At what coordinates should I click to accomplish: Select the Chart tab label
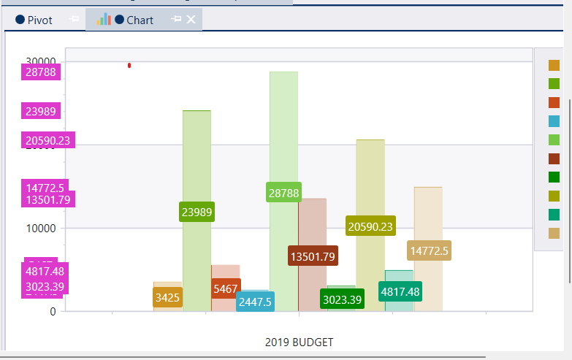(139, 20)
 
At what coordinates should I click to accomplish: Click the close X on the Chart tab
(191, 20)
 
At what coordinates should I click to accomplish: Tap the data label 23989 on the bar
(197, 212)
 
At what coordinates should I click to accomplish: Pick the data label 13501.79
(312, 256)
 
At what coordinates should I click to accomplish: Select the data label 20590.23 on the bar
(370, 226)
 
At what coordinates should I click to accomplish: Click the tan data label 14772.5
(429, 250)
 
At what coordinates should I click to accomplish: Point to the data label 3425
(167, 297)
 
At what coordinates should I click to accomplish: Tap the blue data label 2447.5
(255, 302)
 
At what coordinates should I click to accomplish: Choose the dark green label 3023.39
(342, 299)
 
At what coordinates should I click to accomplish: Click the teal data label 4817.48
(400, 291)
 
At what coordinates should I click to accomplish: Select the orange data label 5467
(226, 289)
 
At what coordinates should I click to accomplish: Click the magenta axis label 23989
(41, 111)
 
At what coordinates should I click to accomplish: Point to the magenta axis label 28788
(41, 72)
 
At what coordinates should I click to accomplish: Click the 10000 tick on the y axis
(42, 228)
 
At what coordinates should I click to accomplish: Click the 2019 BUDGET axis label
(299, 342)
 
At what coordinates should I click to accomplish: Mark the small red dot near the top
(129, 66)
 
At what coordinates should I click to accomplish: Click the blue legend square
(554, 121)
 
